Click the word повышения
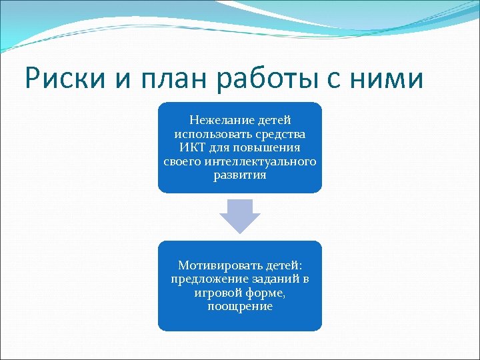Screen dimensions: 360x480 269,148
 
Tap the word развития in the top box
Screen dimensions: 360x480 240,176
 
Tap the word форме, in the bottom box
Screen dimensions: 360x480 267,293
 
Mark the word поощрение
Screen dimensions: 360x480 240,307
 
